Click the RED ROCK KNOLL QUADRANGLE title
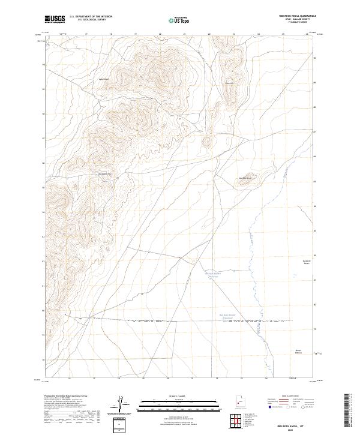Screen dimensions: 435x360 click(x=296, y=16)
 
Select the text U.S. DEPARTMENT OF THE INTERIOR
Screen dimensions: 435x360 click(x=91, y=16)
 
